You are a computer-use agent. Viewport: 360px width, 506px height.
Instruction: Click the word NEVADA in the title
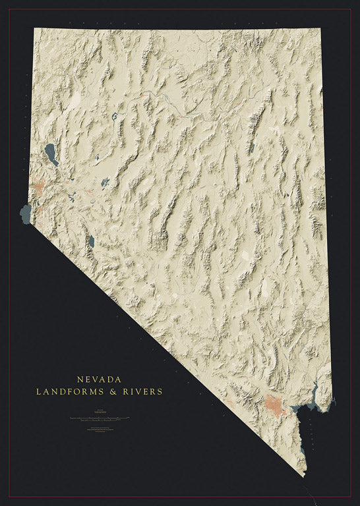pos(99,379)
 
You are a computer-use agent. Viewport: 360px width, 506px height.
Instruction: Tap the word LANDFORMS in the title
pos(66,391)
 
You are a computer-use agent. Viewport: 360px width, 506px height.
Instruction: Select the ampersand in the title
pos(108,391)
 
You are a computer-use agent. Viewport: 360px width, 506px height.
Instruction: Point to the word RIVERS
pos(140,391)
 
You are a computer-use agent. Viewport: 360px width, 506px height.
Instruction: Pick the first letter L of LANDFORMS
pos(39,391)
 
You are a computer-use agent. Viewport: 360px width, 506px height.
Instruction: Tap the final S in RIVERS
pos(160,391)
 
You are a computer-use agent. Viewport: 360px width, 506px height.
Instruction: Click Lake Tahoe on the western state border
pos(26,213)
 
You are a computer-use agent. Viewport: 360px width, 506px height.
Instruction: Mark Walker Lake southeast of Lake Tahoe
pos(91,241)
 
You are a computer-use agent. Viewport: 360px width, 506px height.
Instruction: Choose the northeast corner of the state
pos(320,28)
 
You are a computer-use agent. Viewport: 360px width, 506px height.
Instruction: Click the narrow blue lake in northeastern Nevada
pos(251,148)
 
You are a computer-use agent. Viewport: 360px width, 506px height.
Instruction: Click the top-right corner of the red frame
pos(351,9)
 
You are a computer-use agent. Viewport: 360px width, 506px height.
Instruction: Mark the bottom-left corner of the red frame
pos(9,497)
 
